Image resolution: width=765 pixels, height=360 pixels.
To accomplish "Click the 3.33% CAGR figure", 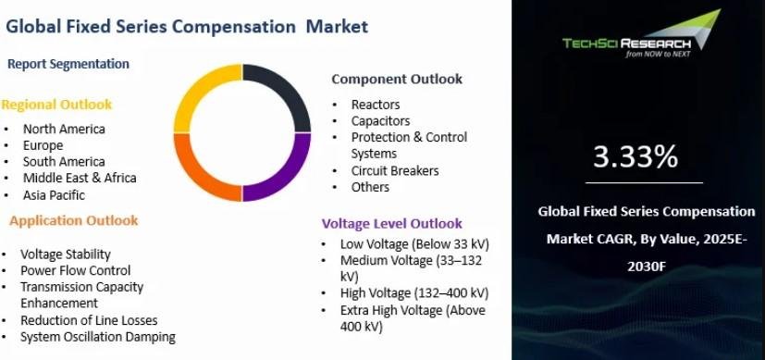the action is pyautogui.click(x=635, y=156).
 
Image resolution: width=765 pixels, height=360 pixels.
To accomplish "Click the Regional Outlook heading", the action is pyautogui.click(x=56, y=105).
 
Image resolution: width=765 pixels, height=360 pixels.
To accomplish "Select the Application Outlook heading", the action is pyautogui.click(x=74, y=221).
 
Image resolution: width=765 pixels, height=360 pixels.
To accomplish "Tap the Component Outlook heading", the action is pyautogui.click(x=397, y=79).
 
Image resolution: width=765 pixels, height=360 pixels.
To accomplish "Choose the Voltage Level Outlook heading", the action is pyautogui.click(x=392, y=223).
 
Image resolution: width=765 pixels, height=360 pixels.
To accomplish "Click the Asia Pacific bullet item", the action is pyautogui.click(x=54, y=195).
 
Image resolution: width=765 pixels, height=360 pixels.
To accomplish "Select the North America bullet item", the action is pyautogui.click(x=64, y=129).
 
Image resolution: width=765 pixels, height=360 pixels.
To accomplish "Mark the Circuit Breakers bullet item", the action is pyautogui.click(x=395, y=170).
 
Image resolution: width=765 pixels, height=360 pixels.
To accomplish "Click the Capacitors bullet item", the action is pyautogui.click(x=380, y=121).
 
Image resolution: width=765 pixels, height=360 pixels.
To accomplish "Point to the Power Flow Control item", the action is pyautogui.click(x=76, y=270).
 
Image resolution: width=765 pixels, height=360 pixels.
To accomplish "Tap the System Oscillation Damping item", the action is pyautogui.click(x=97, y=337).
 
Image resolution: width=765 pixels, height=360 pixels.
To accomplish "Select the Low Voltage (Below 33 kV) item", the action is pyautogui.click(x=414, y=244).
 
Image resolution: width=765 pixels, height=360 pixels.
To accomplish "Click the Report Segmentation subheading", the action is pyautogui.click(x=68, y=64).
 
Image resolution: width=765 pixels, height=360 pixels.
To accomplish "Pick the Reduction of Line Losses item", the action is pyautogui.click(x=89, y=320).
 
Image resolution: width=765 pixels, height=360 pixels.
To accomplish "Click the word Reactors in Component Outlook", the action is pyautogui.click(x=376, y=105).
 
